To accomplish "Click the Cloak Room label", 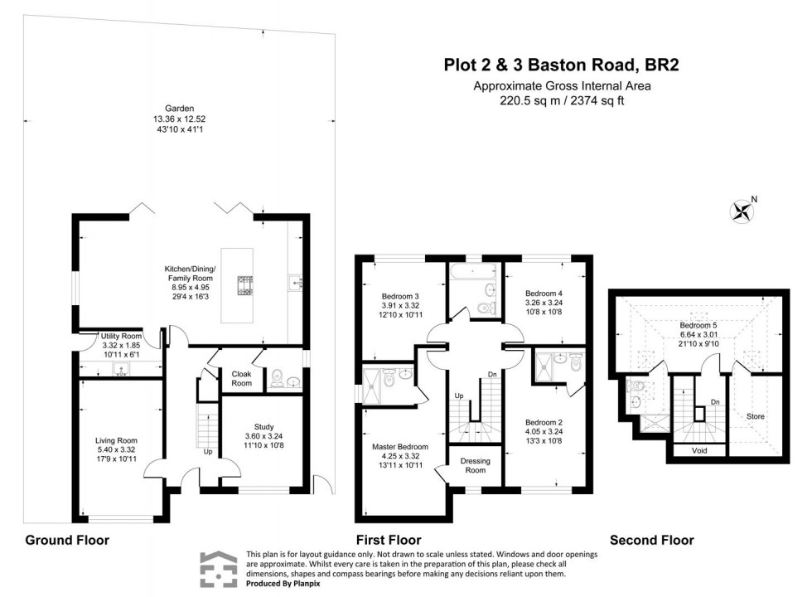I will click(x=241, y=378).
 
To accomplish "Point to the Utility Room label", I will click(x=122, y=336).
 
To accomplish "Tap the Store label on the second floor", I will click(x=756, y=416).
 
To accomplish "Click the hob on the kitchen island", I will click(x=245, y=285).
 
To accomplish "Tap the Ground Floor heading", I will click(x=67, y=540).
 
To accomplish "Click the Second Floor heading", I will click(x=651, y=540).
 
